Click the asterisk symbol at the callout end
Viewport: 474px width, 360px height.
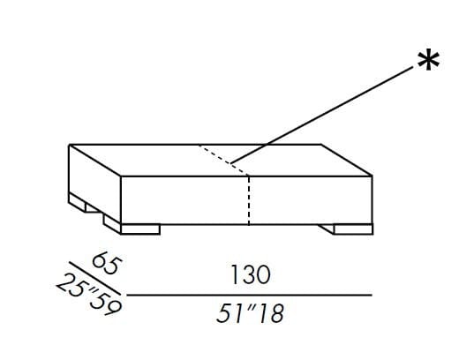pyautogui.click(x=429, y=64)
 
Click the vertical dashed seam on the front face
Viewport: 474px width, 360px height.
pyautogui.click(x=250, y=199)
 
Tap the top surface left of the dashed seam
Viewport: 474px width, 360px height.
pyautogui.click(x=150, y=159)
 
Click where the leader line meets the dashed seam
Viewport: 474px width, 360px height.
pyautogui.click(x=233, y=162)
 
